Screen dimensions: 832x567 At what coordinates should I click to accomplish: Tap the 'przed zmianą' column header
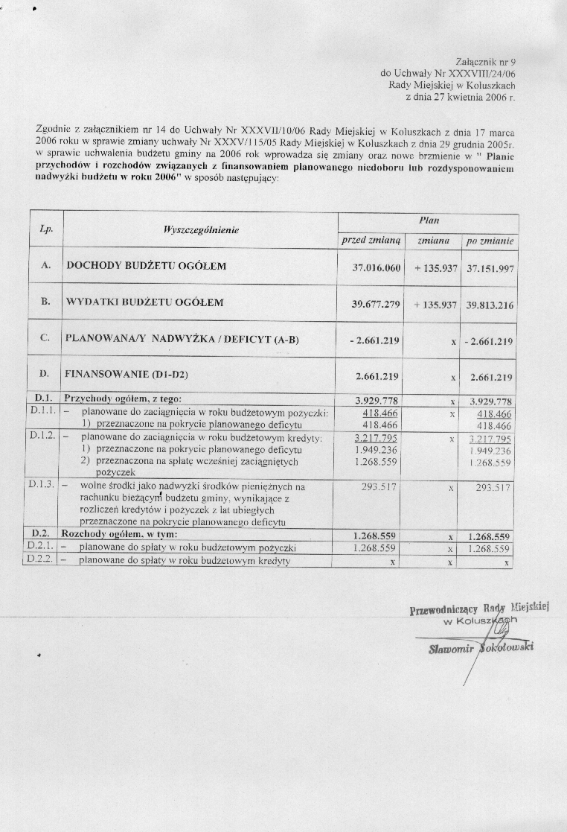coord(371,241)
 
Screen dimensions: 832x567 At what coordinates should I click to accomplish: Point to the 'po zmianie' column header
coord(490,241)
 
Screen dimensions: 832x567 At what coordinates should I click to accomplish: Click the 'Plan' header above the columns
coord(429,220)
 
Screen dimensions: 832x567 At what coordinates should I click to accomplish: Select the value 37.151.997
coord(490,267)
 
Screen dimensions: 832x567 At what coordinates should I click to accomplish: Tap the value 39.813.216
coord(490,305)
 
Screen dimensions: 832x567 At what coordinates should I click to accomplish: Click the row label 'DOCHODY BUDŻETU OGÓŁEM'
coord(146,266)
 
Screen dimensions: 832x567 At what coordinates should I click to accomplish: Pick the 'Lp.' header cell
coord(44,231)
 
